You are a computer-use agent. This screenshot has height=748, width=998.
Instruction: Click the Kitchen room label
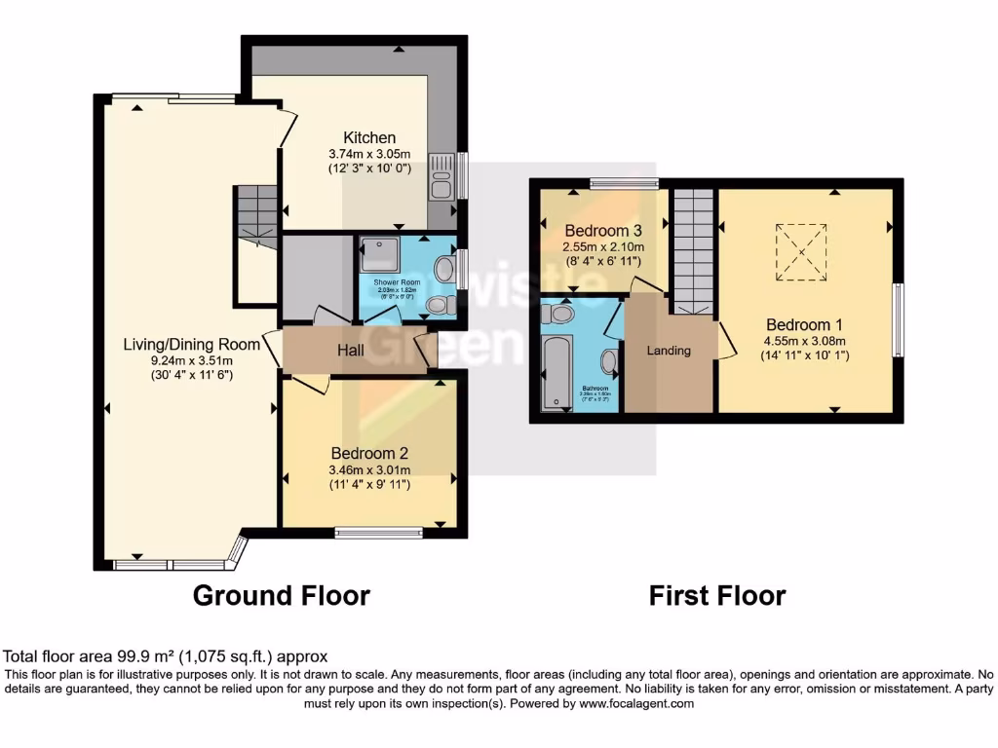coord(368,137)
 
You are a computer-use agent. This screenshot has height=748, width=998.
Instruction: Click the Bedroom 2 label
coord(368,453)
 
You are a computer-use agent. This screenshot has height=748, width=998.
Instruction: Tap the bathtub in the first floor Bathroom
coord(555,370)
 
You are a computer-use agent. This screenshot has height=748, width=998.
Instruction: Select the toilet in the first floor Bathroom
coord(560,315)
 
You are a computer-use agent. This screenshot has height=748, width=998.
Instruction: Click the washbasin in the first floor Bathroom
coord(609,362)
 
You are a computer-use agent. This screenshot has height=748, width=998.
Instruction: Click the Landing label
coord(669,351)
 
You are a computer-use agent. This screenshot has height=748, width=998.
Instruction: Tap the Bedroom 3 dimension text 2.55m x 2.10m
coord(603,247)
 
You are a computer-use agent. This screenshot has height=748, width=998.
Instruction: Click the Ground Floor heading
coord(281,595)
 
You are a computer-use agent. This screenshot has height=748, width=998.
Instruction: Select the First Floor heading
coord(717,595)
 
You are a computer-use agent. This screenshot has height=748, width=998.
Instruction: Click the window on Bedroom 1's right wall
coord(897,320)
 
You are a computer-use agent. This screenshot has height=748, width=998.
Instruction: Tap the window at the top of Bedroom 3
coord(624,182)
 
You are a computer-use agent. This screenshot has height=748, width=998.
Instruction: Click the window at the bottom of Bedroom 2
coord(378,532)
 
